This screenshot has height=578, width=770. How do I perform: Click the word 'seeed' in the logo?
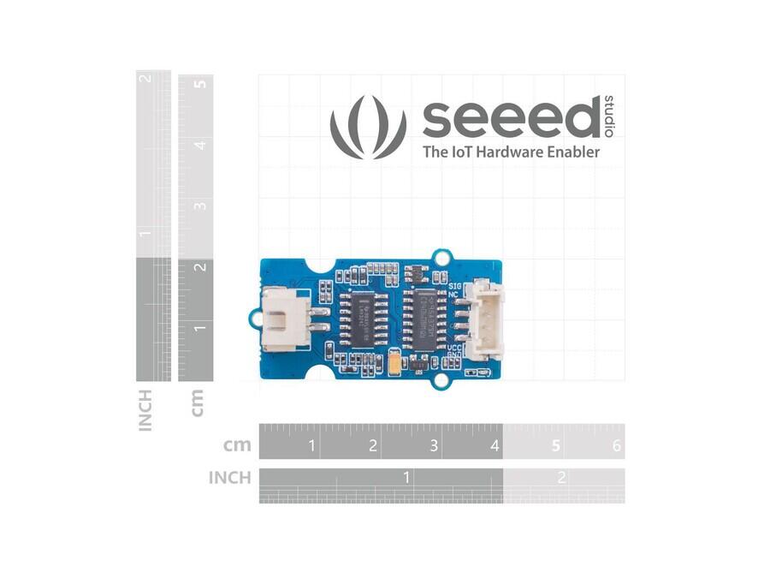click(x=511, y=119)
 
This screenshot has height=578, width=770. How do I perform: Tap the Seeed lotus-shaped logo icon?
click(x=368, y=127)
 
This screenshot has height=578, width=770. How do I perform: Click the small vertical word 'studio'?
click(x=609, y=115)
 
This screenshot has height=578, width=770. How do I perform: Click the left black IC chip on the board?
click(x=361, y=319)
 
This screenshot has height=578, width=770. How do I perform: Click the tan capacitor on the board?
click(x=394, y=364)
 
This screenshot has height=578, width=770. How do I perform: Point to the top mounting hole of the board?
click(x=442, y=256)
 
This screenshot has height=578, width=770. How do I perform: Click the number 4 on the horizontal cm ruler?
click(x=495, y=445)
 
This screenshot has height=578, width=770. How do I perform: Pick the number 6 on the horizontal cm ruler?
click(x=617, y=445)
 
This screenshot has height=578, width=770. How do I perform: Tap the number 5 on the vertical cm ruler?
click(x=199, y=84)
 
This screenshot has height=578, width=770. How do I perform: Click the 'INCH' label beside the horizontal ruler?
click(x=229, y=477)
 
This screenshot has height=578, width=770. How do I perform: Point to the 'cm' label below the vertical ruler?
click(x=198, y=402)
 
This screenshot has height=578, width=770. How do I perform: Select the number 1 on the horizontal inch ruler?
click(x=407, y=477)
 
